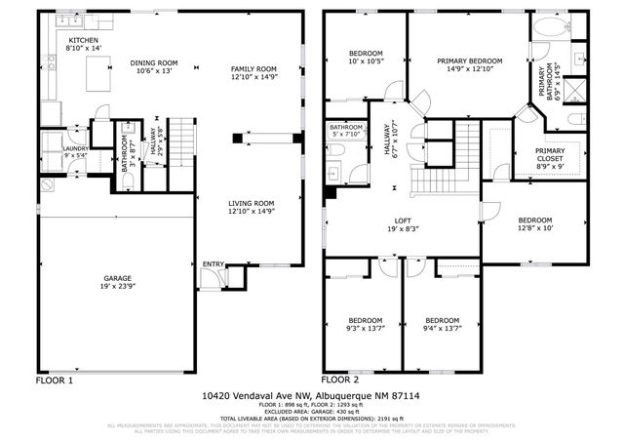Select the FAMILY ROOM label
click(253, 68)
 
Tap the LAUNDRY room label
click(49, 149)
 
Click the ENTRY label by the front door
click(212, 264)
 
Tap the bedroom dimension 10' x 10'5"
click(366, 60)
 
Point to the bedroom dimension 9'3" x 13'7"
click(366, 329)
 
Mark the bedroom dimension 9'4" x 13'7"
click(442, 329)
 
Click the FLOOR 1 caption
click(55, 379)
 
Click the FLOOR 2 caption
click(340, 379)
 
